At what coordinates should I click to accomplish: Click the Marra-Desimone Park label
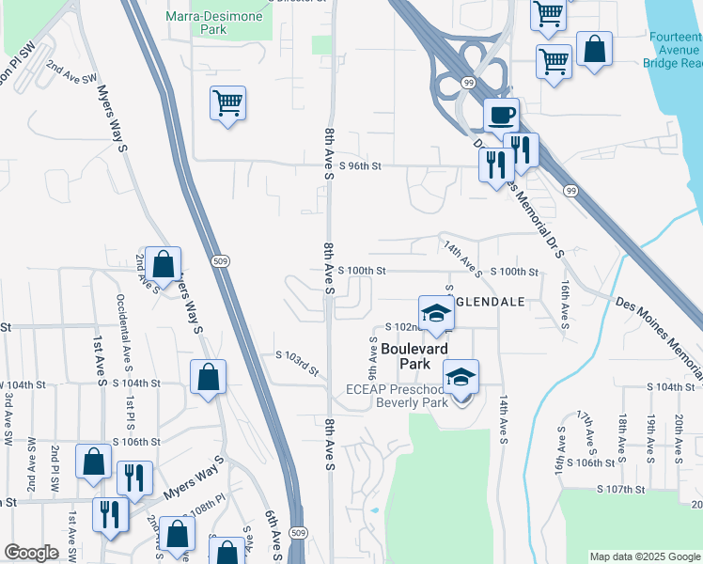coord(209,23)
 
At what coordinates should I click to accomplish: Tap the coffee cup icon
coord(501,116)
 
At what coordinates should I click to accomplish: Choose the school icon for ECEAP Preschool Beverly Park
coord(460,378)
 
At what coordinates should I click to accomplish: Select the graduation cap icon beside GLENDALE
coord(436,314)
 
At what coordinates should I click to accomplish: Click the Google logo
coord(31,553)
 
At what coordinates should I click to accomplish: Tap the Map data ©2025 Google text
coord(645,556)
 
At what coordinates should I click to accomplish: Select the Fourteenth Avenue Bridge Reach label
coord(672,50)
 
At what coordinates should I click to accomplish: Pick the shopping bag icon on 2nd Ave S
coord(163,266)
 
